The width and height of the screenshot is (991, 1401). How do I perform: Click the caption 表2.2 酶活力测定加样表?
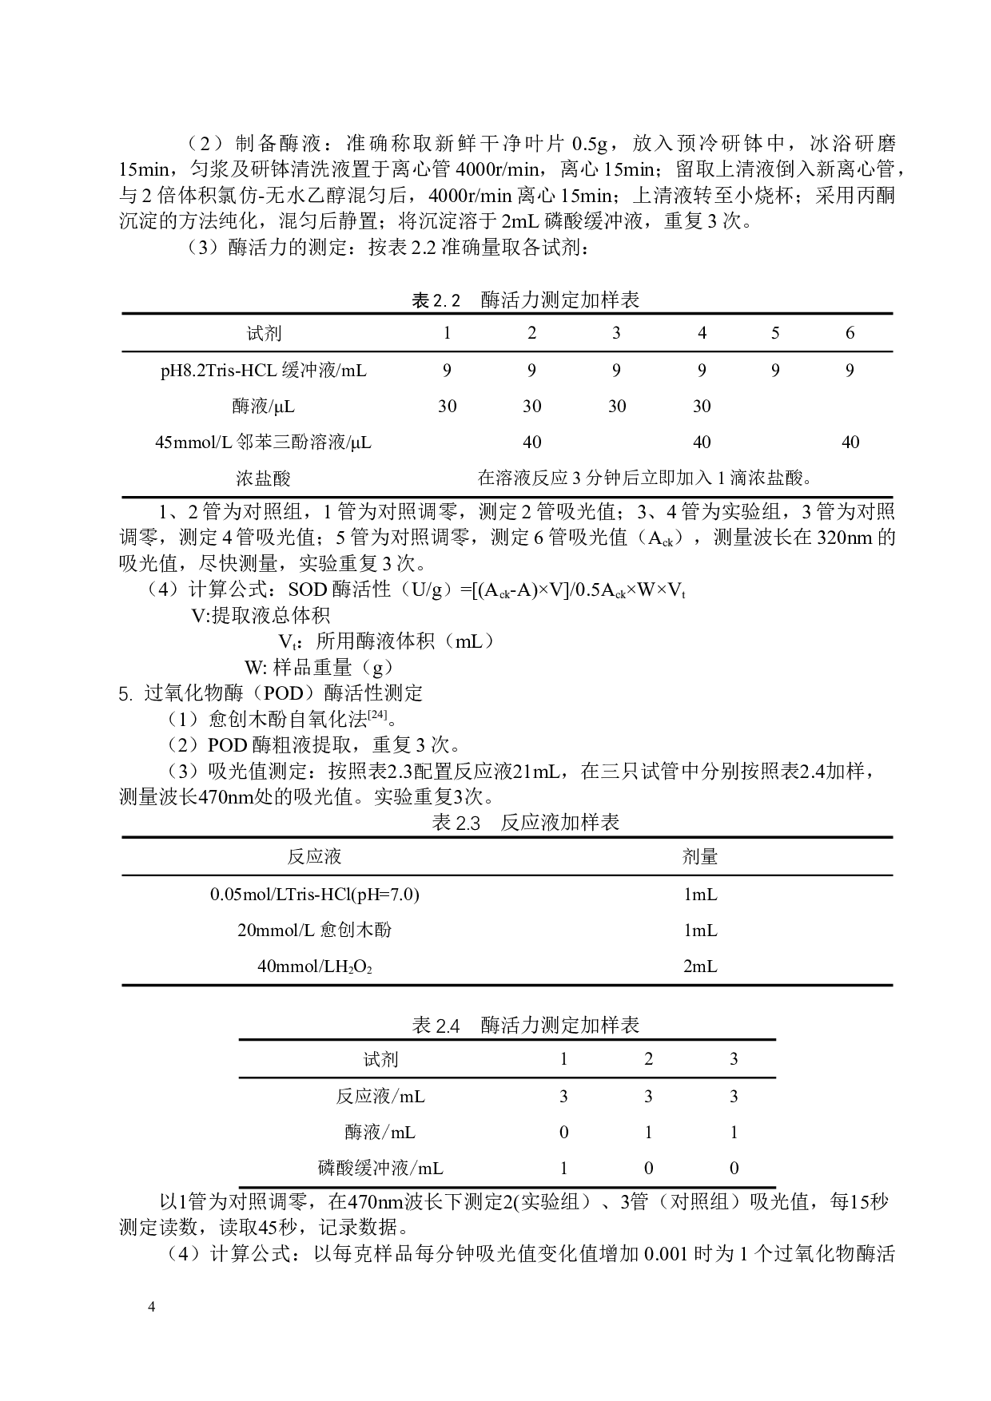(525, 300)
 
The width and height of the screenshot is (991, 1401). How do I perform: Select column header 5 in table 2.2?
(775, 333)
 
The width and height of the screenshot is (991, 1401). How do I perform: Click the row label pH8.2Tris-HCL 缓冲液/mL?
(264, 371)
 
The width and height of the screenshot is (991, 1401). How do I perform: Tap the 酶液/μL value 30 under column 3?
(617, 407)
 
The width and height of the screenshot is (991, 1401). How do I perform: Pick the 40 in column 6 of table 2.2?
(850, 443)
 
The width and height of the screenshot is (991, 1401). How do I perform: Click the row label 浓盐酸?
(264, 478)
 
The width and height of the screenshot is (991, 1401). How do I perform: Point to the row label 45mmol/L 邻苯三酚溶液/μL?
(264, 443)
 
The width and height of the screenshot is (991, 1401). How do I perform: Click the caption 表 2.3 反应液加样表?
(525, 823)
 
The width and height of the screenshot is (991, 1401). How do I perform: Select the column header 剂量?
(700, 857)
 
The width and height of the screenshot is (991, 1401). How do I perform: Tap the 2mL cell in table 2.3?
(700, 966)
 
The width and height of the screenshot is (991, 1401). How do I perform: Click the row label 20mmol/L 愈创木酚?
(315, 931)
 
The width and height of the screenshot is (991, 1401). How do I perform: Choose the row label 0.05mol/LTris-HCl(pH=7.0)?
(315, 895)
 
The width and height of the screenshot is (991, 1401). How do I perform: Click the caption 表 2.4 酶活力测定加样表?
(525, 1026)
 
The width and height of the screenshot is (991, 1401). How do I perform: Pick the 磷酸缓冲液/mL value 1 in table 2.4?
(563, 1169)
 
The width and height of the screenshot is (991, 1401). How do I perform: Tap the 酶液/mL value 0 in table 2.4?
(563, 1133)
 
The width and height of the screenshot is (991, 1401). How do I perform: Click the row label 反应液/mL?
(380, 1097)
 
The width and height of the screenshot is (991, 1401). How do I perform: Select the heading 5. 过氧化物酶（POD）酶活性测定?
(271, 693)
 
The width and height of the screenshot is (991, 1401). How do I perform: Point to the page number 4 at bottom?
(151, 1308)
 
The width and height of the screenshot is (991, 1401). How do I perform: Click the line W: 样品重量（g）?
(319, 668)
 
